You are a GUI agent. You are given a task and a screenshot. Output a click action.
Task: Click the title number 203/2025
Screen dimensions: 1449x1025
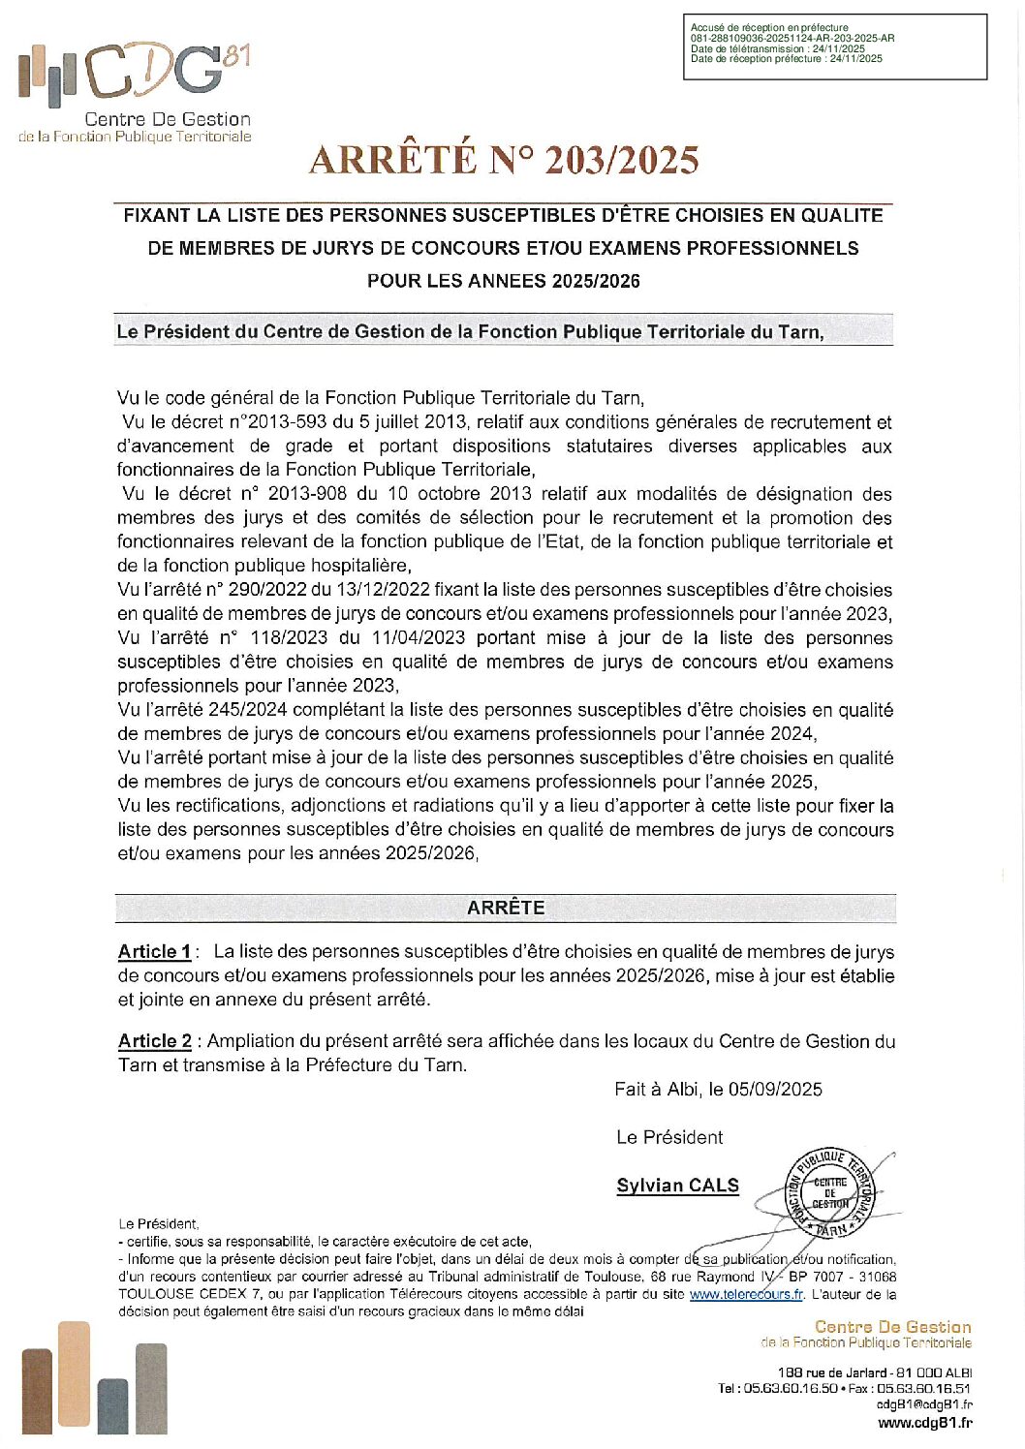(621, 161)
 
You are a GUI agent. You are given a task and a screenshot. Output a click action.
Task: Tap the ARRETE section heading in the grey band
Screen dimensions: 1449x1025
(506, 908)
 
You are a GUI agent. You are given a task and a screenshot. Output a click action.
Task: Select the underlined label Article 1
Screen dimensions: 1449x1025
(154, 952)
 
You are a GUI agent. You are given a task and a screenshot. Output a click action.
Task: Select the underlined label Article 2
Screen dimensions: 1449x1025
(155, 1041)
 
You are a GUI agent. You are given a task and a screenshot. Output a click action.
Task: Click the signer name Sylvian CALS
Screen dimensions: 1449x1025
(677, 1186)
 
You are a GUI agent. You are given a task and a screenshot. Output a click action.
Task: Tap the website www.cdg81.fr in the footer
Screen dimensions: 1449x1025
(924, 1423)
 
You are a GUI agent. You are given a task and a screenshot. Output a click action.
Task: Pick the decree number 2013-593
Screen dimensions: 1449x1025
(282, 422)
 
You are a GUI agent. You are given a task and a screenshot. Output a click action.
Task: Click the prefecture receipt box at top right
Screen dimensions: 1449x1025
(834, 46)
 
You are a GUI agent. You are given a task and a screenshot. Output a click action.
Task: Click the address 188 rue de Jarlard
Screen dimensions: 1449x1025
(832, 1372)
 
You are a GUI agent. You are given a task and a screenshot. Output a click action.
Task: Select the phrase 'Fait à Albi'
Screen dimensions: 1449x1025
(655, 1090)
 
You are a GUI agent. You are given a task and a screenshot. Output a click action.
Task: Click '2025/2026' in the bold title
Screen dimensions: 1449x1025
(596, 281)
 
